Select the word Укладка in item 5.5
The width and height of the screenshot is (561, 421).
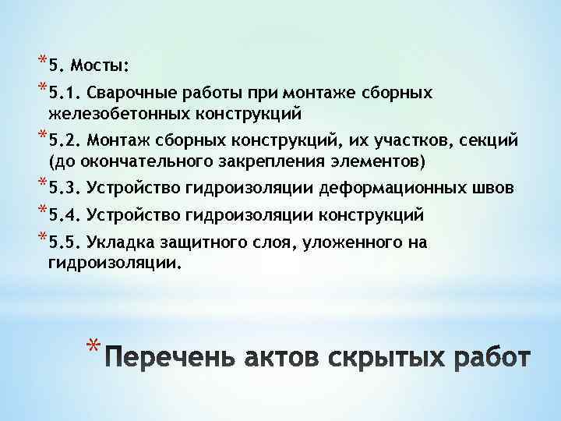[x=118, y=242]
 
